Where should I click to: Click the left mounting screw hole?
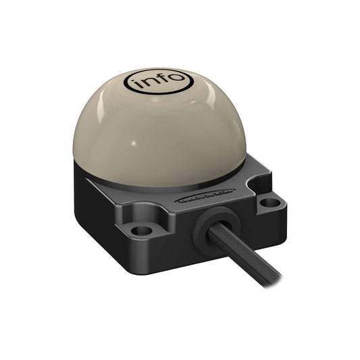(x=141, y=230)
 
